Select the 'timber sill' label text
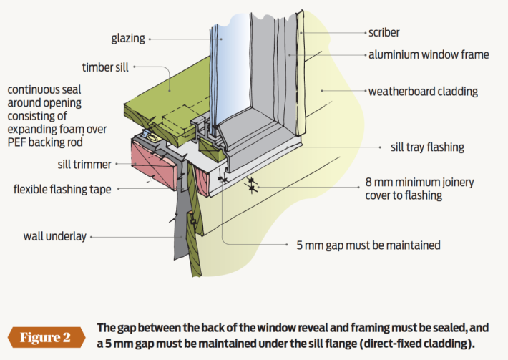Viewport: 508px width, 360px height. tap(104, 67)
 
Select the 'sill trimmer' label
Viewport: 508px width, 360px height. tap(84, 165)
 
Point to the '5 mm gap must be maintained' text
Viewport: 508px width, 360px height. tap(368, 245)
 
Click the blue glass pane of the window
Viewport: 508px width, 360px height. tap(235, 64)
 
